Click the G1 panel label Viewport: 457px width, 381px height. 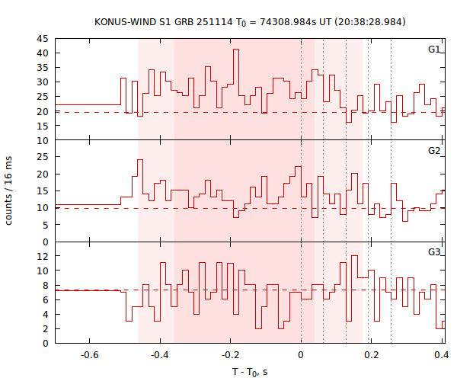433,50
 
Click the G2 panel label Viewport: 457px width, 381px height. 433,151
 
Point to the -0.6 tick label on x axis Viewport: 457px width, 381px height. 89,355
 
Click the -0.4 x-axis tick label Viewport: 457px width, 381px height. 159,355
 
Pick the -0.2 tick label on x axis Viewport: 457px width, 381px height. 229,355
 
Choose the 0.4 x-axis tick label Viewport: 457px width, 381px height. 440,355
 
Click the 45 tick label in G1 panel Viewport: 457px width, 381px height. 43,39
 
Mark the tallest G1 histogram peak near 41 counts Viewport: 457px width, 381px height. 236,50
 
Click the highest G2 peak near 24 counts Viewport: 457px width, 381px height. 139,160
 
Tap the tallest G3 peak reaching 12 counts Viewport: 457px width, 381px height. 354,256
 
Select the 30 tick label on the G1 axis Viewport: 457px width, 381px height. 43,82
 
